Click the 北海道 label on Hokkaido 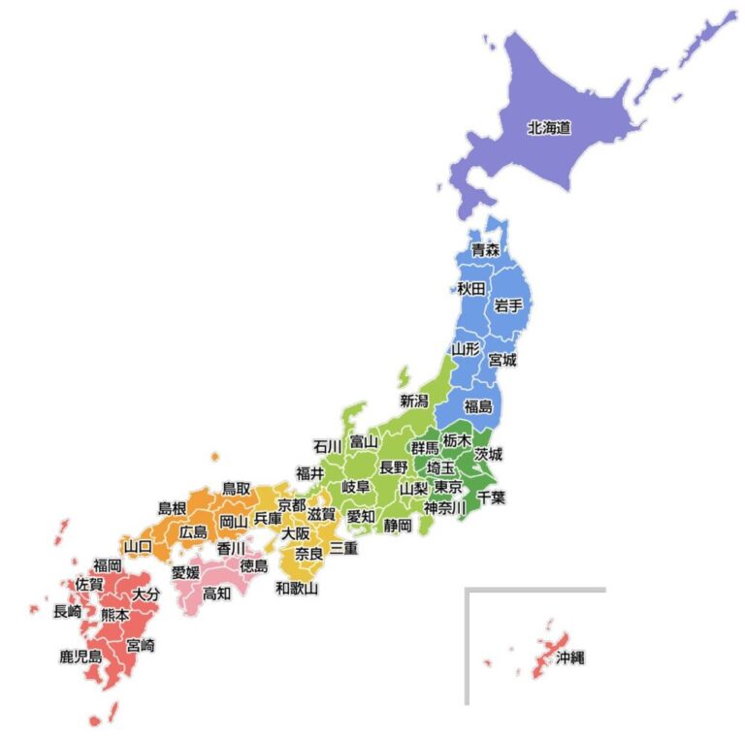tap(548, 127)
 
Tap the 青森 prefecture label tap(485, 250)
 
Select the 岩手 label tap(508, 305)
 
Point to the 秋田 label tap(471, 288)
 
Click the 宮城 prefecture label tap(502, 360)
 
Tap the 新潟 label tap(414, 400)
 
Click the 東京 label tap(448, 487)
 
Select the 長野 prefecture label tap(393, 466)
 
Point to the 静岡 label tap(398, 525)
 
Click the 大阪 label tap(296, 533)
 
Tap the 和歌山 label tap(296, 588)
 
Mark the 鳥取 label tap(237, 488)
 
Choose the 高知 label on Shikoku tap(216, 593)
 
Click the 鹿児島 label tap(81, 657)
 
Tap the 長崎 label tap(67, 611)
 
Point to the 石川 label tap(327, 446)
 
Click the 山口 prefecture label tap(138, 547)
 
